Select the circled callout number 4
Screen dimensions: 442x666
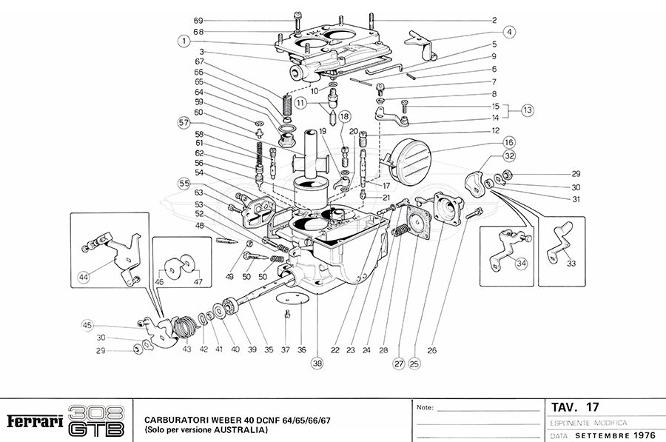pos(511,32)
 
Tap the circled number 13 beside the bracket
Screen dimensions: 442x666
pos(527,110)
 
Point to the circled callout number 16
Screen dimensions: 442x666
pos(508,141)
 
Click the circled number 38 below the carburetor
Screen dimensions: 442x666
pos(317,363)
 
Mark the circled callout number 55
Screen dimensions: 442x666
pos(184,183)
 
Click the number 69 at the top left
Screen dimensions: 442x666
pos(178,20)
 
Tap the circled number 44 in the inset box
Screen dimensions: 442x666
pos(84,278)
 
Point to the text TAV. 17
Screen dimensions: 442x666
pos(575,407)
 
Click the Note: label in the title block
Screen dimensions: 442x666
pos(426,408)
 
